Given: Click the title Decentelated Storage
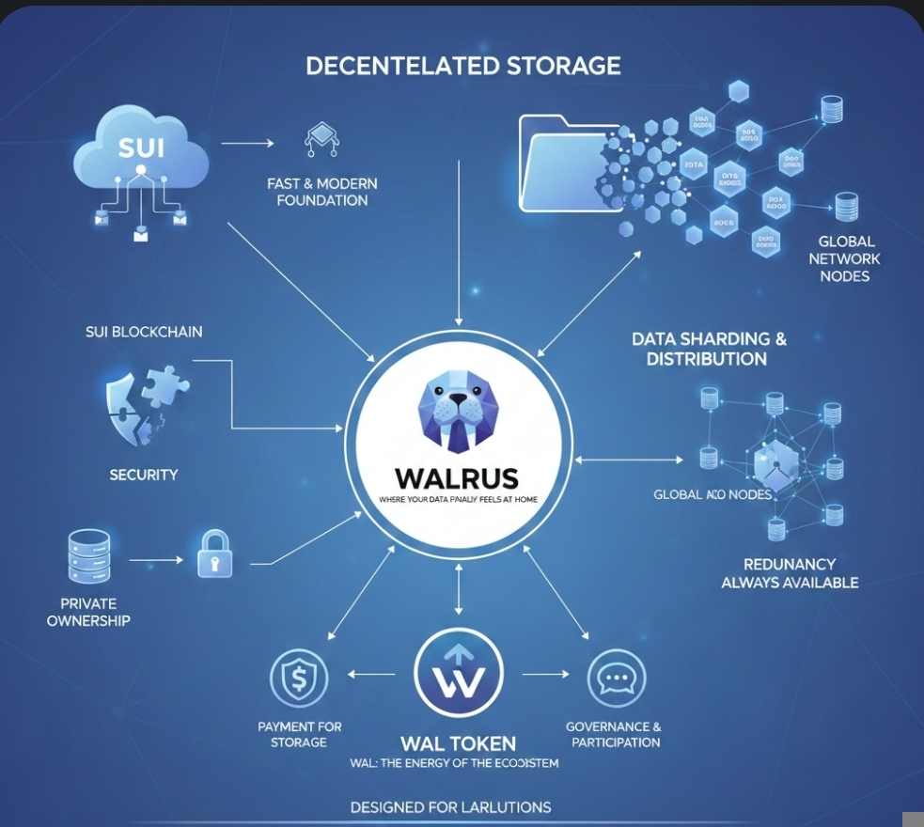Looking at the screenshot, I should tap(462, 66).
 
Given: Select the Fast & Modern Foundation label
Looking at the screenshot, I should tap(322, 192).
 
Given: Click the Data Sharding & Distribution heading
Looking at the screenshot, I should tap(709, 349).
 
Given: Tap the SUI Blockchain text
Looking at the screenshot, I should tap(144, 332).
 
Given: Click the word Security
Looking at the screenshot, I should tap(144, 475).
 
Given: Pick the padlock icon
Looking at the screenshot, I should tap(214, 554).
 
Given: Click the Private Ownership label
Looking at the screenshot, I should tap(88, 613).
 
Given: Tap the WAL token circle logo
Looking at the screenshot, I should tap(459, 675).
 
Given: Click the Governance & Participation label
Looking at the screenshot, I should tap(614, 734).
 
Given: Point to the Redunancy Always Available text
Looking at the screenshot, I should tap(790, 573).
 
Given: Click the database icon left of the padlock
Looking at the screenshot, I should tap(88, 555).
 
